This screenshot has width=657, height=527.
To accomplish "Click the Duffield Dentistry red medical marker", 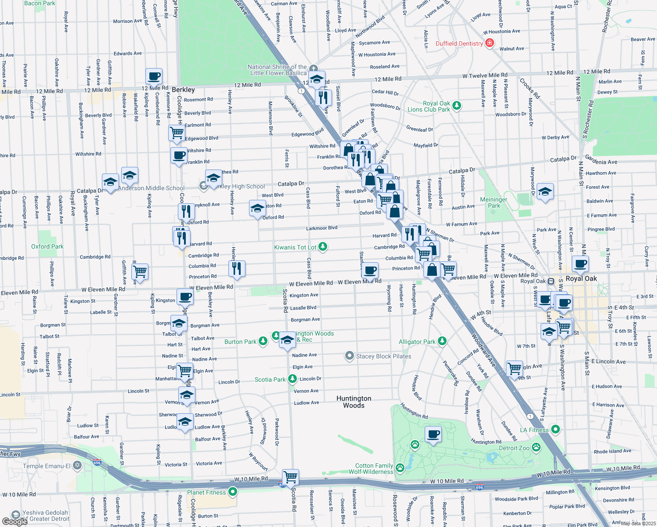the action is [x=490, y=43].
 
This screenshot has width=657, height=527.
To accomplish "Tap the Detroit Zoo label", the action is [x=514, y=448].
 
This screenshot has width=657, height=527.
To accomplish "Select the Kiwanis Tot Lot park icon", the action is [x=323, y=247].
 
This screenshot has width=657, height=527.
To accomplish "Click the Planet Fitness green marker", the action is [x=233, y=492].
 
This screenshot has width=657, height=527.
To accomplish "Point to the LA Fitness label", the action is [x=534, y=430].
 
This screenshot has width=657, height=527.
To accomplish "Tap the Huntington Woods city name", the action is [x=354, y=402].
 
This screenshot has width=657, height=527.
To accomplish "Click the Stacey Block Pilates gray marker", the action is [x=349, y=356].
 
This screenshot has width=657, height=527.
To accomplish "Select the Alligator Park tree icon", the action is [x=442, y=341].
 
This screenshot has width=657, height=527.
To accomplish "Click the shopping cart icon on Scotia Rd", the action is [x=290, y=477].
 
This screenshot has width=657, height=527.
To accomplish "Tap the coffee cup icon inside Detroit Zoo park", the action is [x=433, y=435].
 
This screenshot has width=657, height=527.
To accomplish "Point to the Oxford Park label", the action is [x=47, y=246].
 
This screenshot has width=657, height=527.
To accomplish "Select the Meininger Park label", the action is [x=494, y=202].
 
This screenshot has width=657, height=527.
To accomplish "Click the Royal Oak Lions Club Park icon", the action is [x=457, y=105].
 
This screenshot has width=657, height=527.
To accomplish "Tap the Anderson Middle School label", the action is [x=151, y=188].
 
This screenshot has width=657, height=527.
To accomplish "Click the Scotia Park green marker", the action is [x=292, y=379].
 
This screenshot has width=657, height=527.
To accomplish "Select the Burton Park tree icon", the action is [x=263, y=341].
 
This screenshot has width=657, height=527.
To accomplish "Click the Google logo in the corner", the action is [x=14, y=521].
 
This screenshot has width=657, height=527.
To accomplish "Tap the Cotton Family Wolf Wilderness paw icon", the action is [x=400, y=467].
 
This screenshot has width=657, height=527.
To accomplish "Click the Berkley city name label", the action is [x=183, y=90].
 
